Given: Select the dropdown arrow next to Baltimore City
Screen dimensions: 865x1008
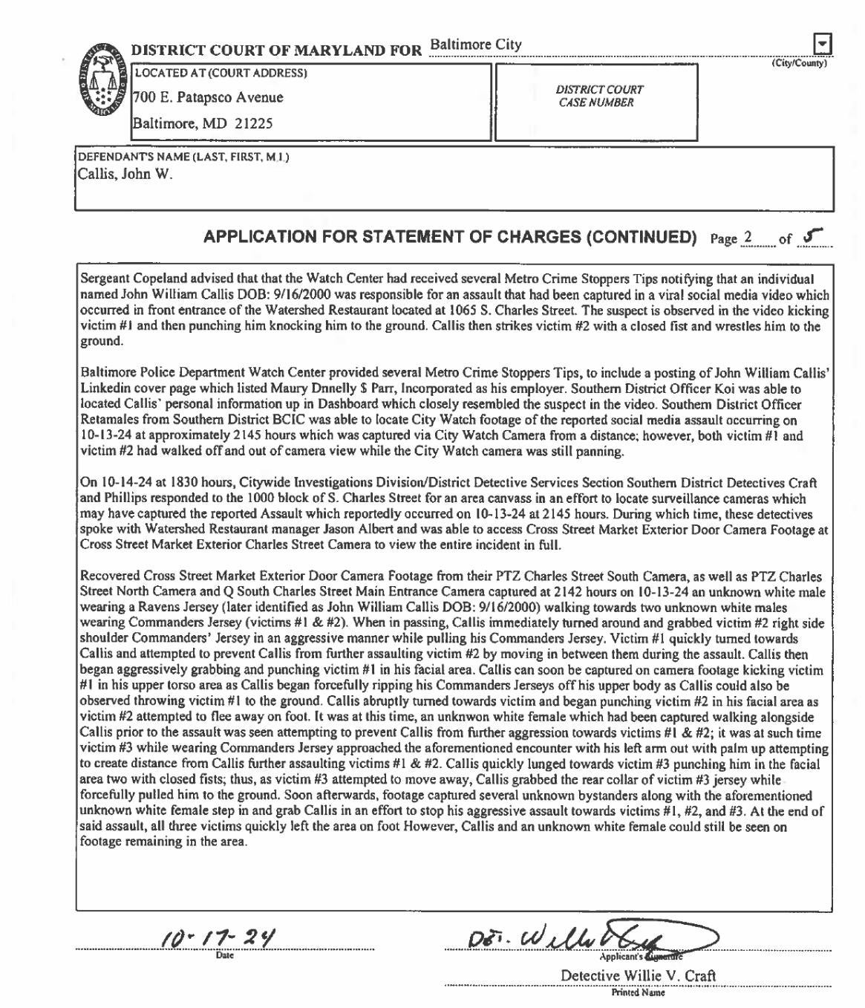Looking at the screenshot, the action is coord(822,44).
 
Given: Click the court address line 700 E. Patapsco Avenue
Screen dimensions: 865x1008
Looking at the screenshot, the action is coord(208,97).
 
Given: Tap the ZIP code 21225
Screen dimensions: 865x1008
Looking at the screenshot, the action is coord(253,123).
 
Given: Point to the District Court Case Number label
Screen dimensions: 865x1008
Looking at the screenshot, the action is coord(598,96).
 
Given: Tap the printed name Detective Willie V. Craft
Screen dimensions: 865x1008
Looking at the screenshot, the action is coord(638,975).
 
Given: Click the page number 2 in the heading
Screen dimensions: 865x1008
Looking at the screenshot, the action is coord(748,238).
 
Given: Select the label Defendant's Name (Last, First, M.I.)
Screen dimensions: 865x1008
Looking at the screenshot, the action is coord(183,157).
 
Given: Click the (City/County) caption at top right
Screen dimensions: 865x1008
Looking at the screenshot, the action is coord(798,63).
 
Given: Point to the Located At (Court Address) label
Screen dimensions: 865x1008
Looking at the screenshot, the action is coord(221,73).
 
